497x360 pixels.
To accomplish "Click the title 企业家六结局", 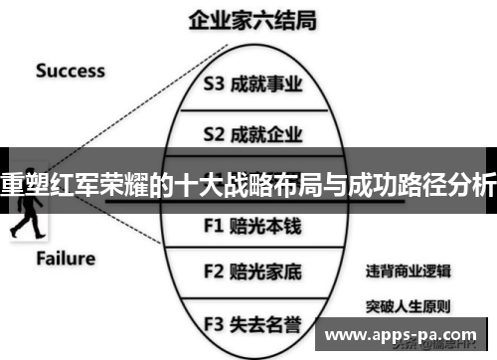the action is tap(248, 19).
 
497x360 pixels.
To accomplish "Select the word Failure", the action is tap(66, 260).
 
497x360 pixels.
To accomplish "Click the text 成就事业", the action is tap(265, 87).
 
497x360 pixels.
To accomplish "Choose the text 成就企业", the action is tap(265, 132).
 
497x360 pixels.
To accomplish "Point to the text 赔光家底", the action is tap(265, 270).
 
